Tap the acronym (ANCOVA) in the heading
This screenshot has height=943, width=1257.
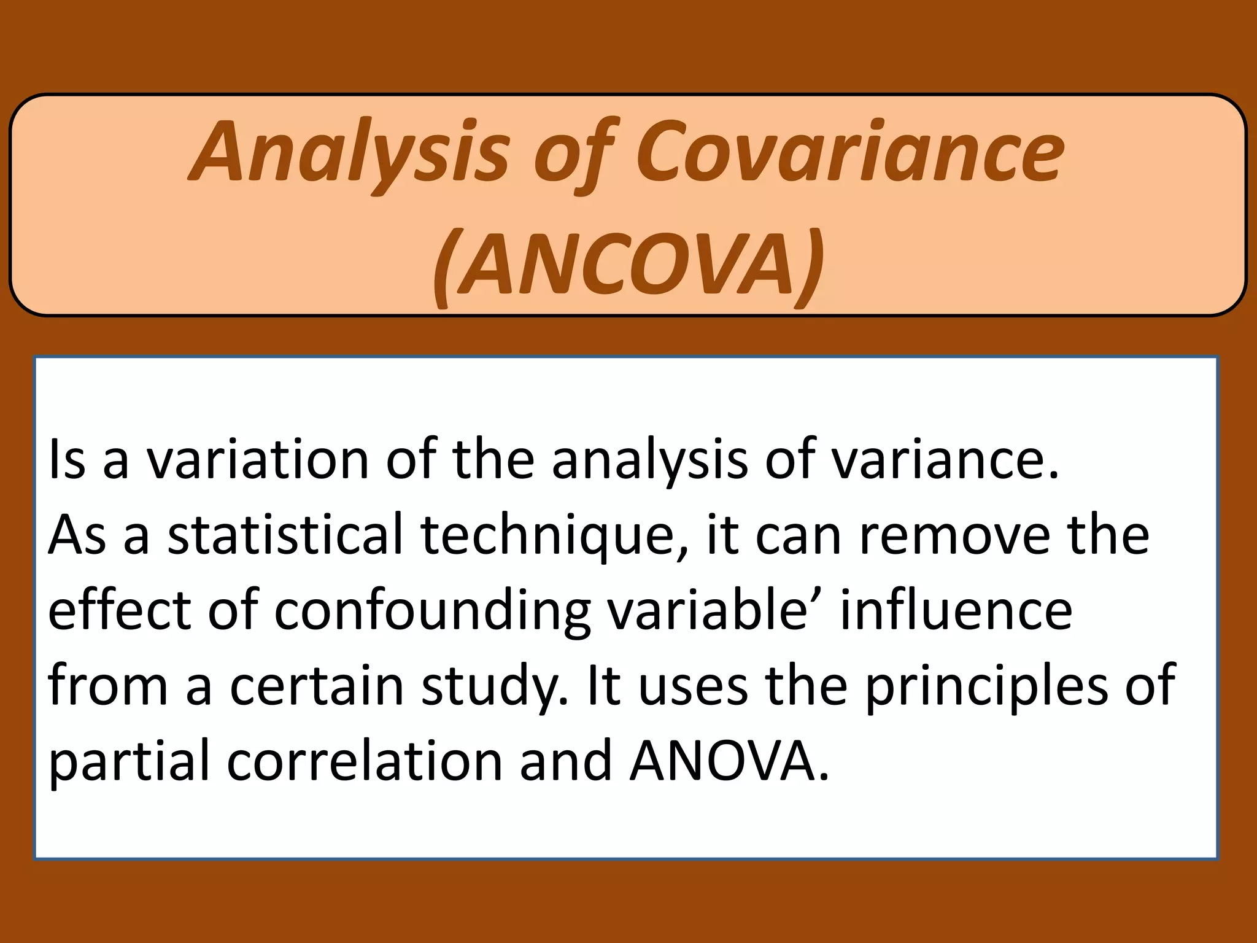click(628, 265)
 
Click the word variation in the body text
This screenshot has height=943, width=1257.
click(257, 459)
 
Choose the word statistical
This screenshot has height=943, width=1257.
click(286, 535)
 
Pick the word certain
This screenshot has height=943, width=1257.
click(317, 686)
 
